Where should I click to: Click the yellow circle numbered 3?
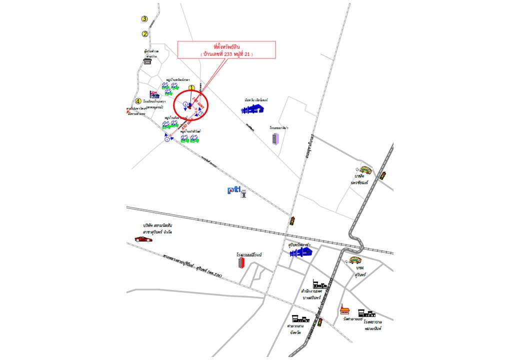tap(144, 19)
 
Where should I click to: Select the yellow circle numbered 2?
tap(145, 34)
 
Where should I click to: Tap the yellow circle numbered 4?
tap(138, 101)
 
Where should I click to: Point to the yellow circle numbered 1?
tap(191, 87)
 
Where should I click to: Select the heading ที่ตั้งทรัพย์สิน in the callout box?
tap(227, 46)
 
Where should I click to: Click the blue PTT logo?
tap(233, 189)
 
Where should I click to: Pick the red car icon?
tap(143, 239)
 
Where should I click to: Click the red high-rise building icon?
tap(241, 262)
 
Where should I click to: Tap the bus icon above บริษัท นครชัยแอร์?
tap(366, 170)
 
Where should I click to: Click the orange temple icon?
tap(344, 309)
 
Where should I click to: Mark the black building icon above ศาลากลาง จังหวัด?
tap(300, 318)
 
